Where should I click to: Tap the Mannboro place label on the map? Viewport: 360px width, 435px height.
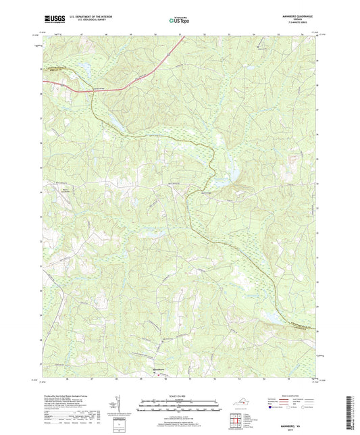click(x=156, y=371)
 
